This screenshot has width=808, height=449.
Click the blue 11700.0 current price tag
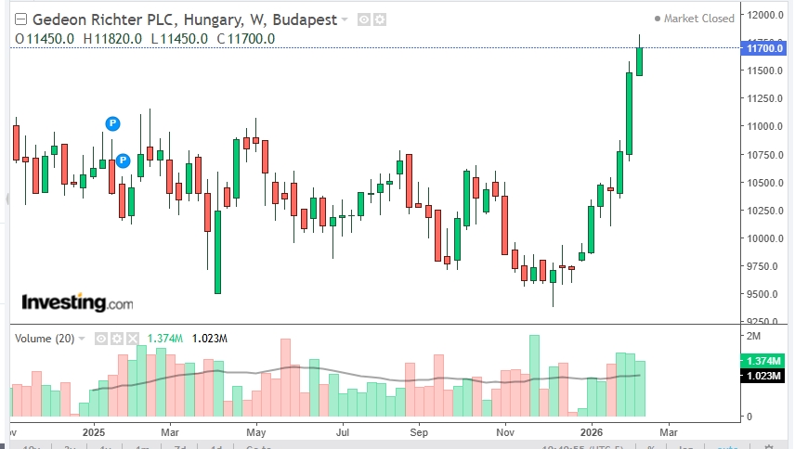[764, 47]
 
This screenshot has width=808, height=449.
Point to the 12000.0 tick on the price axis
[766, 15]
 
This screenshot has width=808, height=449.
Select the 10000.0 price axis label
[766, 238]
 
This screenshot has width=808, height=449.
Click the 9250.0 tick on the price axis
[766, 322]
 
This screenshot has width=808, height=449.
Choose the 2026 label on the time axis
[592, 431]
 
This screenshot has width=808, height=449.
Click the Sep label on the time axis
[420, 431]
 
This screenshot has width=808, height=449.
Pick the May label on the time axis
[256, 431]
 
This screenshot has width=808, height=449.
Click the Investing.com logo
[76, 302]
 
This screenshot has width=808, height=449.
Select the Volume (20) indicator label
[46, 339]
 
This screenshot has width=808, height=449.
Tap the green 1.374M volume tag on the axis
[764, 361]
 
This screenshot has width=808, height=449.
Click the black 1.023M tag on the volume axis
[764, 375]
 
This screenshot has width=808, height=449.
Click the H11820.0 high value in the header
[112, 38]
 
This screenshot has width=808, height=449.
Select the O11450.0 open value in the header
[45, 38]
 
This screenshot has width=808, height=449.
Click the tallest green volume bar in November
[534, 376]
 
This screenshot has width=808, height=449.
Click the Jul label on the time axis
[343, 431]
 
